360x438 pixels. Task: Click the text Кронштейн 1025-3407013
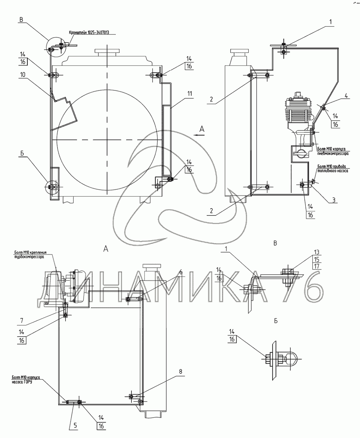pos(89,33)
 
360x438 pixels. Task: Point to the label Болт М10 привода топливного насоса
pos(333,168)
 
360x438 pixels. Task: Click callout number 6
pos(181,272)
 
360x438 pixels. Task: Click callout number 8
pos(181,371)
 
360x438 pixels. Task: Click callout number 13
pos(317,252)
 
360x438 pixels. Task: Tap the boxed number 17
pos(317,266)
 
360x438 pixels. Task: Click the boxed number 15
pos(317,259)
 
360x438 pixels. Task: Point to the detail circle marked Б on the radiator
pos(53,186)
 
